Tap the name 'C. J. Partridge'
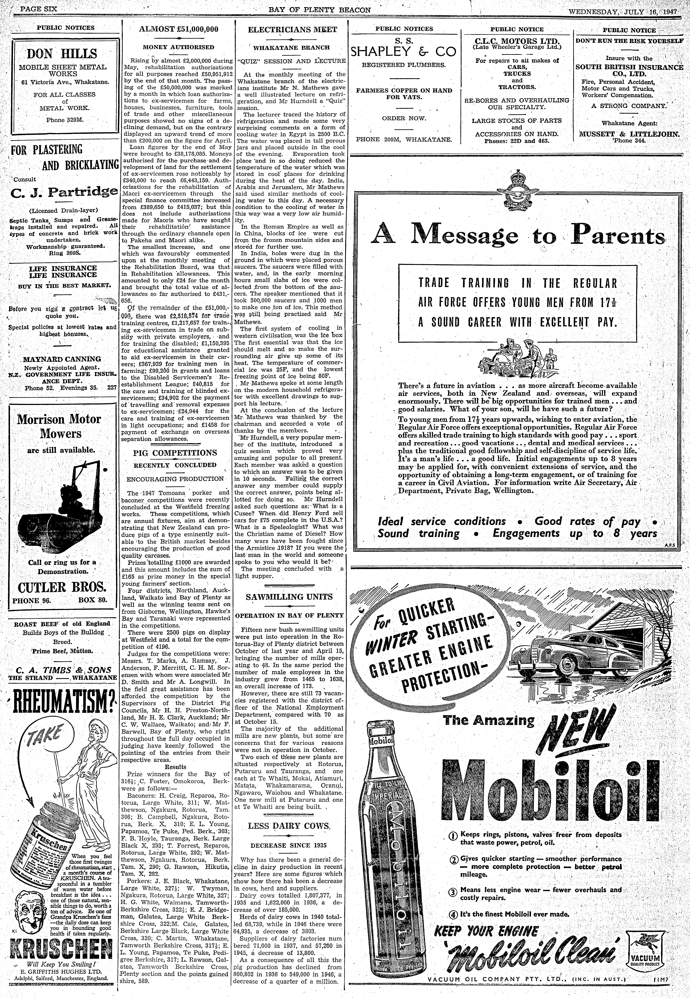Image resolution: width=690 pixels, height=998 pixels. pyautogui.click(x=64, y=191)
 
